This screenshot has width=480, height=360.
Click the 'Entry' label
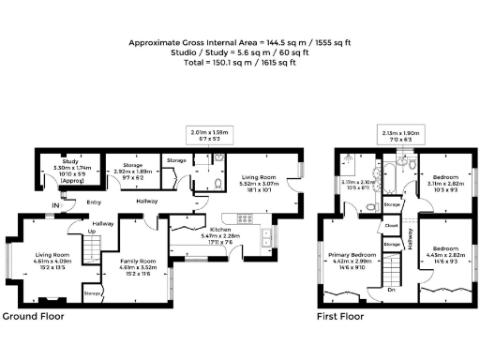pyautogui.click(x=93, y=201)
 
